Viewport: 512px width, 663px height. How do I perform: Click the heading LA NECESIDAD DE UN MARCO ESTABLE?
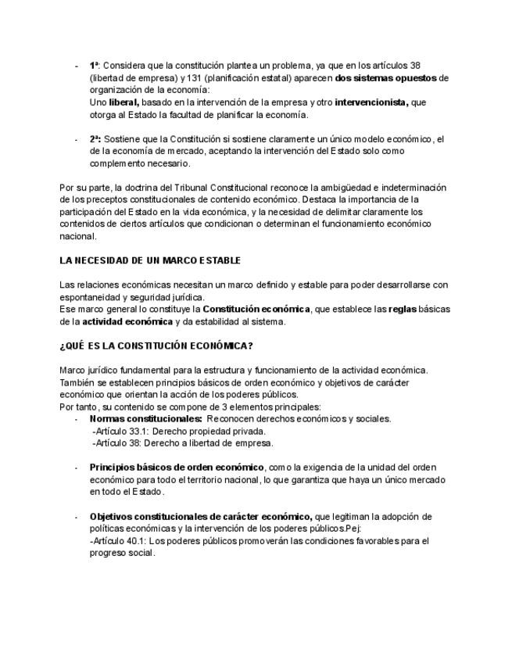(150, 260)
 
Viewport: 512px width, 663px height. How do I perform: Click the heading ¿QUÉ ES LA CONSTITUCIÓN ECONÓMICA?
(156, 346)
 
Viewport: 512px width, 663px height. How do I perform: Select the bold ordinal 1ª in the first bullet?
(94, 66)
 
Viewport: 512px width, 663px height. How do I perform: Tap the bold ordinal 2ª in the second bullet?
(94, 139)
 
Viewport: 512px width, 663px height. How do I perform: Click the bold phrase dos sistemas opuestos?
(386, 78)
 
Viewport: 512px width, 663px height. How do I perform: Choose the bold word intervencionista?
(371, 102)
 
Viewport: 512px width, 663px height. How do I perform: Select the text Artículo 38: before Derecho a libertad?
(120, 443)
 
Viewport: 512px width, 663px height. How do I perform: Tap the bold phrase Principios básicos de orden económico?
(177, 468)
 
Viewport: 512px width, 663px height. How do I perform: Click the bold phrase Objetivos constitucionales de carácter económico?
(200, 517)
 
